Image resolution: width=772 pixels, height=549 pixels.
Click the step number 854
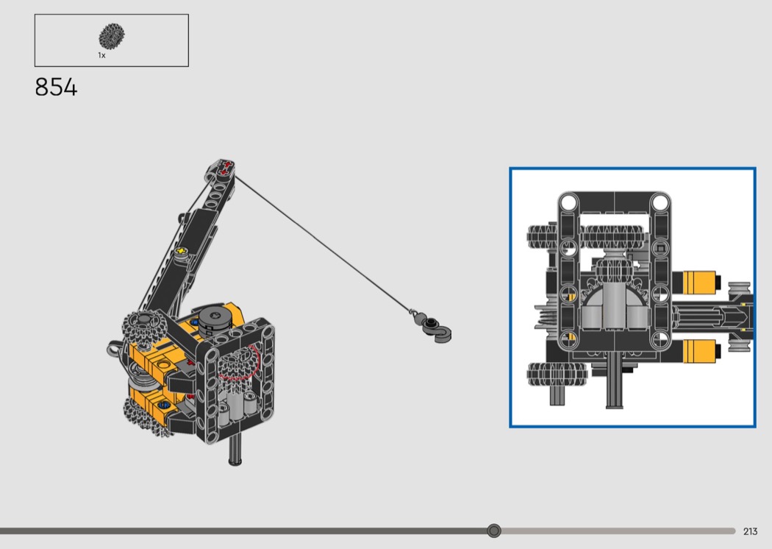(56, 88)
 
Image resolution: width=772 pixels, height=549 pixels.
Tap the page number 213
(750, 531)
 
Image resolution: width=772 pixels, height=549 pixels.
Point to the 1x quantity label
(101, 55)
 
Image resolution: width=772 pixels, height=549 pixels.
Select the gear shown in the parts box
(111, 36)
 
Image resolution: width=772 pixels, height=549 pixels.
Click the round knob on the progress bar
(494, 531)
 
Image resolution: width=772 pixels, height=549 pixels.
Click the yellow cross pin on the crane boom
(182, 252)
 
